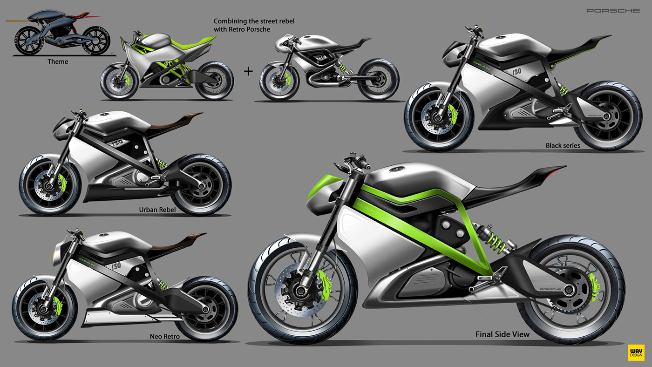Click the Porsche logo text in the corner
613,10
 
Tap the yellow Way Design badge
636,352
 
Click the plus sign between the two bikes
248,71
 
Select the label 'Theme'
58,61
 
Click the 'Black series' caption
563,145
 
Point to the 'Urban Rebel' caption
157,210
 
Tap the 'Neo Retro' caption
164,336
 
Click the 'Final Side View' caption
502,334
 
